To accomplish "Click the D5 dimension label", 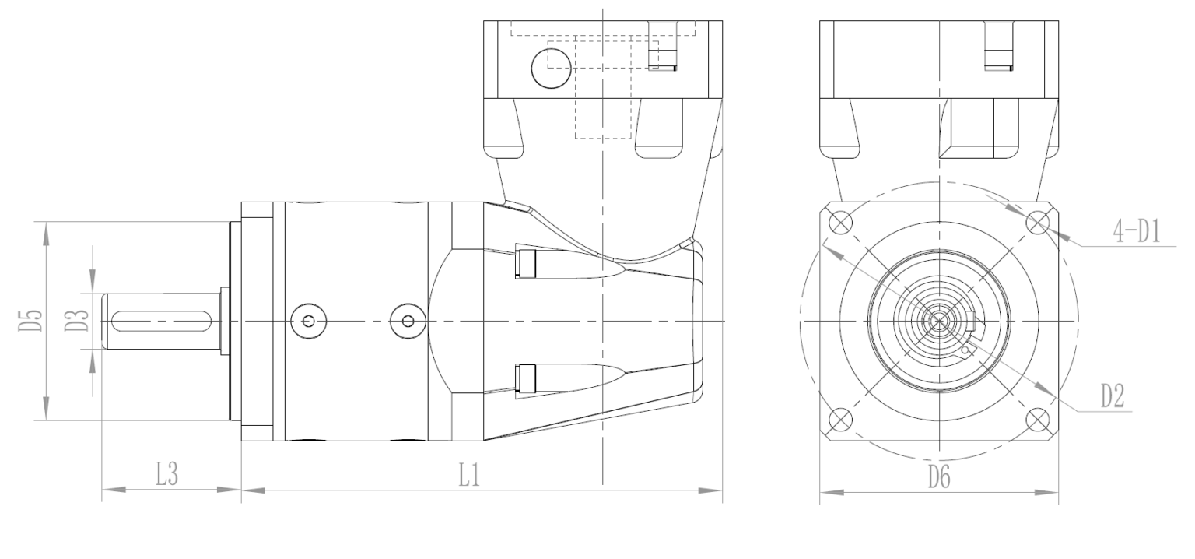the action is [31, 320].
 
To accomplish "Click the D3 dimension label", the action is [76, 320].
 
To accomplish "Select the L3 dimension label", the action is [167, 474].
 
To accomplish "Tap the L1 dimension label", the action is [469, 475].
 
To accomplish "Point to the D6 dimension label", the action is [939, 476].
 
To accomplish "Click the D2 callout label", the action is [1113, 397].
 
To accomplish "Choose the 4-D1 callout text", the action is [1137, 232].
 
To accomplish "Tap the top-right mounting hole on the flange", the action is [1036, 223].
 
